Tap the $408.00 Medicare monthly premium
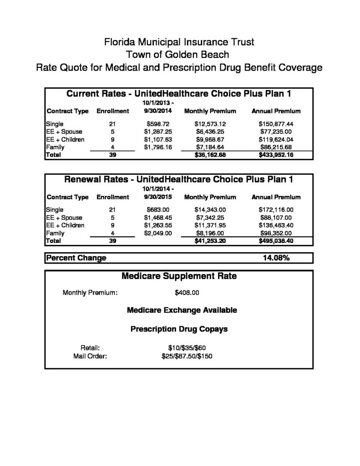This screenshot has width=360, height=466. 187,292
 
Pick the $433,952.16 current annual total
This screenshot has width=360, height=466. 276,155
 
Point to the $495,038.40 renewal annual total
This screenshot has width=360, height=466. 276,241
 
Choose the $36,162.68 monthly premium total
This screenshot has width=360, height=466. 210,155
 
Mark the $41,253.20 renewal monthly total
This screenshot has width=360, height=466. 210,241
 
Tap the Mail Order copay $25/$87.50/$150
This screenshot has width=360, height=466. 187,356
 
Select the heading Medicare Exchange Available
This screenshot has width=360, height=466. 182,310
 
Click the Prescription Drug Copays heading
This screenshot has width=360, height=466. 179,329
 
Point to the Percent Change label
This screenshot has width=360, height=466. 76,258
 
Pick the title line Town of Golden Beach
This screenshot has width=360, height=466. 179,55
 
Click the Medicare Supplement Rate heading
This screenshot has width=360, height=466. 179,276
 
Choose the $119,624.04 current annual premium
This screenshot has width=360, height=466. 276,139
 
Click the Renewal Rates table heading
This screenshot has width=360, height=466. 179,179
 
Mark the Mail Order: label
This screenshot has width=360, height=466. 90,356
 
